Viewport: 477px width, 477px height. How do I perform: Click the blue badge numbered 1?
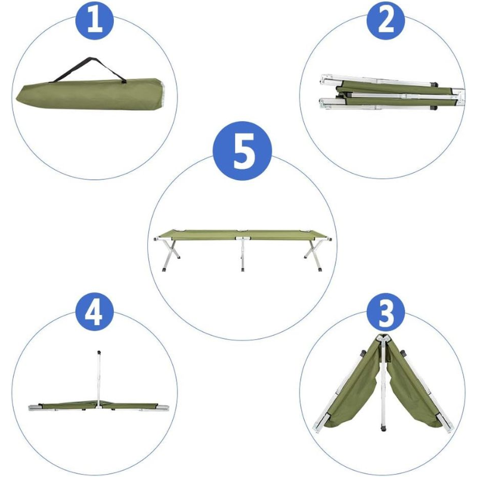pos(94,20)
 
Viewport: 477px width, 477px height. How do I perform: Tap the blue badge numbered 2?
pos(385,20)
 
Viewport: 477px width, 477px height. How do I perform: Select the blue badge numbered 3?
pos(385,312)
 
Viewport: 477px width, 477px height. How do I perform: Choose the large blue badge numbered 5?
pos(242,151)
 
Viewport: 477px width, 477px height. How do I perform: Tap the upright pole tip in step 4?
pos(98,353)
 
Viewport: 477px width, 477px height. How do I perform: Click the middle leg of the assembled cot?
pos(242,254)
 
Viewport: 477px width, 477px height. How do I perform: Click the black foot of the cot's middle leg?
pos(242,270)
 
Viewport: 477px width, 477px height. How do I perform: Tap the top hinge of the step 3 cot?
pos(383,337)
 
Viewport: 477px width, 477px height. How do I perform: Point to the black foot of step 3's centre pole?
pos(383,429)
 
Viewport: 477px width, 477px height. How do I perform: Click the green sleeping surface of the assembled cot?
pos(242,234)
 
